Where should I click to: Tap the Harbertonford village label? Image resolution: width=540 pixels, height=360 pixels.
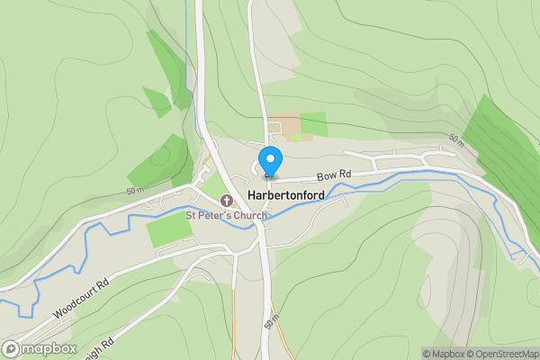(x=285, y=196)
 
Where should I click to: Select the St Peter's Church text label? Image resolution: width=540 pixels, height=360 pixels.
(x=225, y=215)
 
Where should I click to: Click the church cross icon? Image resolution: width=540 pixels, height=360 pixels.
(x=226, y=198)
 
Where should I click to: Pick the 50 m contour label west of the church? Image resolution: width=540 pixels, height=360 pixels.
(x=135, y=191)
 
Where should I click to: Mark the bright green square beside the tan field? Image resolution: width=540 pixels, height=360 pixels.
(x=314, y=124)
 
